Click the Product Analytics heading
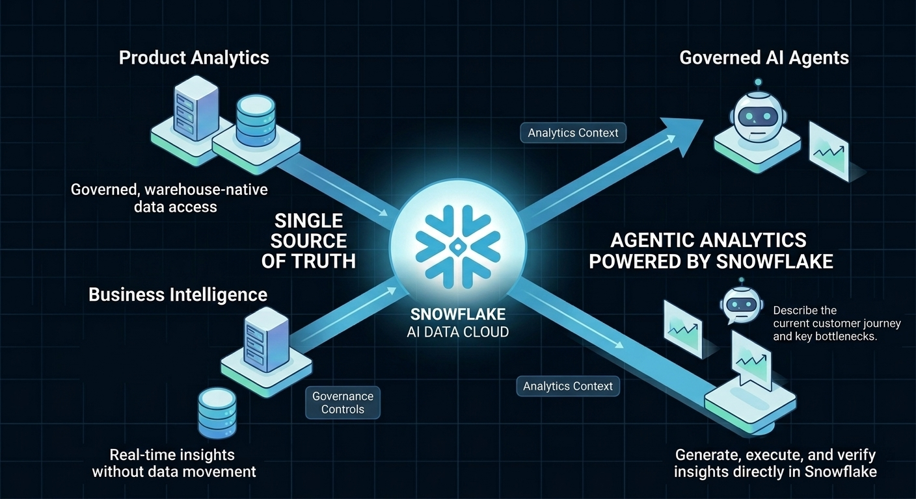[194, 57]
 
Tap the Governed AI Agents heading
[764, 57]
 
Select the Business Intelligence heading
[178, 294]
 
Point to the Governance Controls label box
[343, 403]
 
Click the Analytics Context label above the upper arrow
[573, 133]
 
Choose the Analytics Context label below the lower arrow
[568, 386]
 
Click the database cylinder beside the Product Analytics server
[253, 120]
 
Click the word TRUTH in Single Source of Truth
[325, 261]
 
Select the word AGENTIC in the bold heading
[651, 240]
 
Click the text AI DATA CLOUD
[458, 331]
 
